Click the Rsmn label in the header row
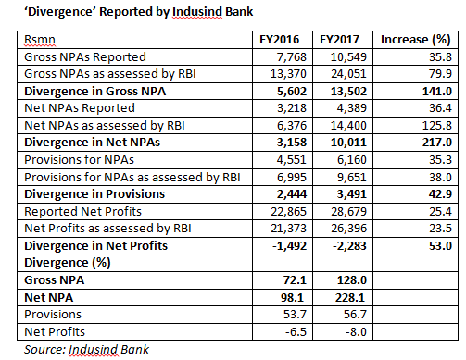point(39,41)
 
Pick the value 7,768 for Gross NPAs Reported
point(292,57)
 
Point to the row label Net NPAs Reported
point(78,107)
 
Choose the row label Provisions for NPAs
point(80,159)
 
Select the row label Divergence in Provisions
point(93,193)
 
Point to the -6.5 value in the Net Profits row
point(297,330)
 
